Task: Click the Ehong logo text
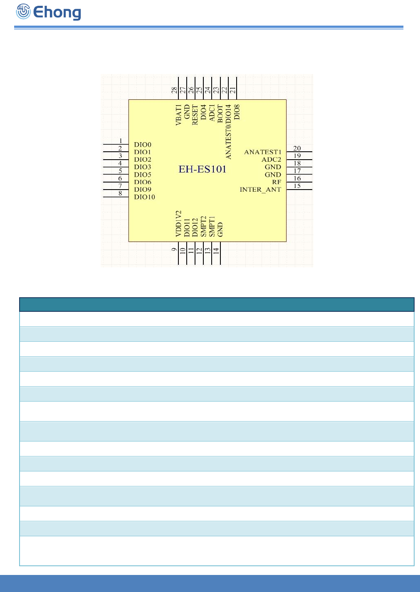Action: pos(57,12)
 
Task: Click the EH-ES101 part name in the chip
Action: pos(203,169)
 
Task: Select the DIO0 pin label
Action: pos(143,145)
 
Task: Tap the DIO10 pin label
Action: pos(144,197)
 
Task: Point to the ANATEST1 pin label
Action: pos(263,152)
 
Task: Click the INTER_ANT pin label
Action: pos(260,190)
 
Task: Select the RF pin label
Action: pos(277,182)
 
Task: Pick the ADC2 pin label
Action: pos(271,160)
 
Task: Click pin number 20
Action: pos(297,148)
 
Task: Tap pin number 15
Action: pos(297,186)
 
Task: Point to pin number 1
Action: pos(121,141)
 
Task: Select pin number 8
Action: pos(121,193)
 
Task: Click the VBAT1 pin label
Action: pos(178,115)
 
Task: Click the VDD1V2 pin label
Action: pos(178,224)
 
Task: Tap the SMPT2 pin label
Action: pos(203,227)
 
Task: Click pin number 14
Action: pos(216,251)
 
